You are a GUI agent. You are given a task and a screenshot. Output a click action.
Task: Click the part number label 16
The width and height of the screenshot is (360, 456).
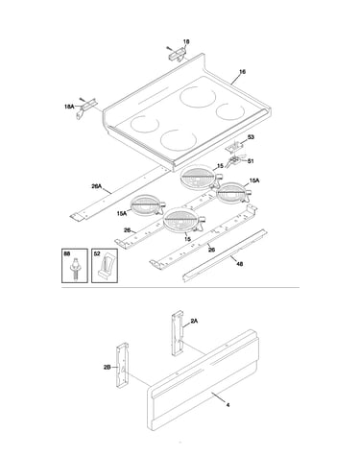[242, 72]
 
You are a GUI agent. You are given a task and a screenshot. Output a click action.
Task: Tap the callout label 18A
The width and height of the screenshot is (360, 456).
[69, 107]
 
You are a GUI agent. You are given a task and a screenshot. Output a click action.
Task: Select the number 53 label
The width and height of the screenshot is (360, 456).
[251, 137]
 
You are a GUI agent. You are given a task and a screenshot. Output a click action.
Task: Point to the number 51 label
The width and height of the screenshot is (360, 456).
[251, 161]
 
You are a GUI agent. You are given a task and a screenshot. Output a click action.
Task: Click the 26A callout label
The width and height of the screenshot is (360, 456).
[96, 186]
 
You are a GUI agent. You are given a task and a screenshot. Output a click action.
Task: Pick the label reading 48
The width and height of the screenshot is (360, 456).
[239, 264]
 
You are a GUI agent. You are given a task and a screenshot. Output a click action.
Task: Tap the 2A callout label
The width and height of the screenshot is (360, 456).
[194, 321]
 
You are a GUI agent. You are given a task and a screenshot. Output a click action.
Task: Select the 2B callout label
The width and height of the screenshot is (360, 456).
[107, 368]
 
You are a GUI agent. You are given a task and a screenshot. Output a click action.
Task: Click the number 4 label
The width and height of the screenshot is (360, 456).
[228, 405]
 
